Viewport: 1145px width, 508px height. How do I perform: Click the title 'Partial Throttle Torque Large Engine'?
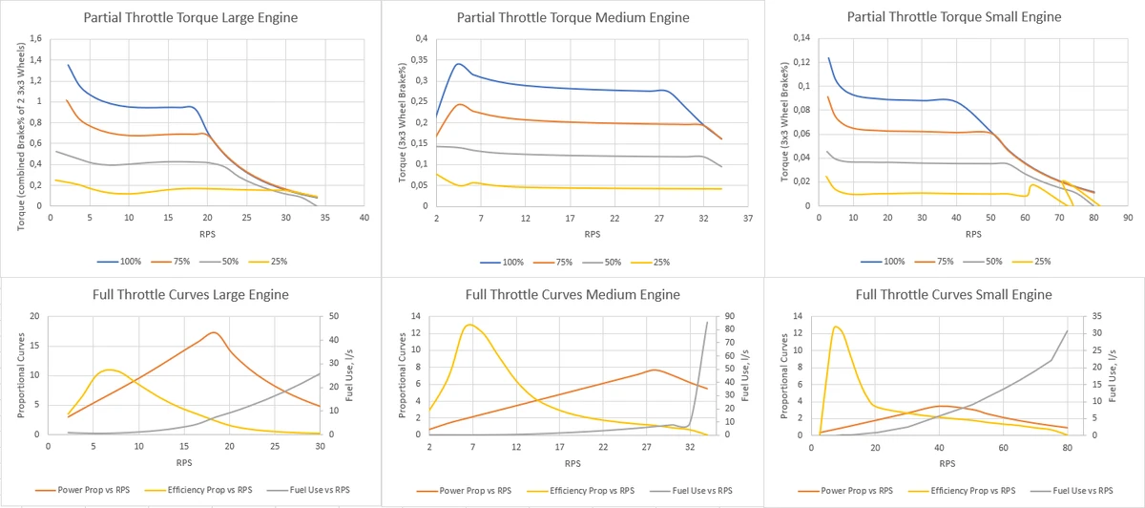[x=189, y=17]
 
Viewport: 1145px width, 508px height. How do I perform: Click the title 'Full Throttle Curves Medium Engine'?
[x=572, y=294]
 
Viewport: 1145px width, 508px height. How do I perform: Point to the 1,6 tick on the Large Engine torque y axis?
[x=36, y=39]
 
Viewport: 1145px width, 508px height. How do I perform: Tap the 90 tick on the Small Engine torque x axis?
[x=1127, y=218]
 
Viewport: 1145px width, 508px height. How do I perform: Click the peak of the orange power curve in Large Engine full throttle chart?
[x=214, y=332]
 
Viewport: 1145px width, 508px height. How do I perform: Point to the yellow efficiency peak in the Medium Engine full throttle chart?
[x=469, y=325]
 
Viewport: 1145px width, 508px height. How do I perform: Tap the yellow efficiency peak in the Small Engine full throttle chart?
[x=836, y=327]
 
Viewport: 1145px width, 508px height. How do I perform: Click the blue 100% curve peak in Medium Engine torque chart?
[x=459, y=64]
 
